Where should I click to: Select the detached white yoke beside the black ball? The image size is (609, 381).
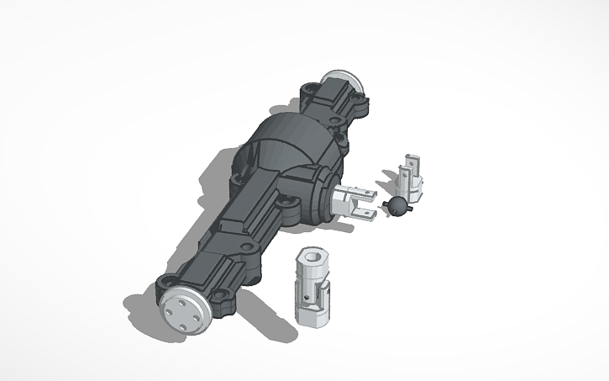(x=412, y=182)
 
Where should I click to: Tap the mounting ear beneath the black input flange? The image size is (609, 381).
(x=291, y=204)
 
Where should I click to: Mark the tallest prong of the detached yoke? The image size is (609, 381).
(x=411, y=162)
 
